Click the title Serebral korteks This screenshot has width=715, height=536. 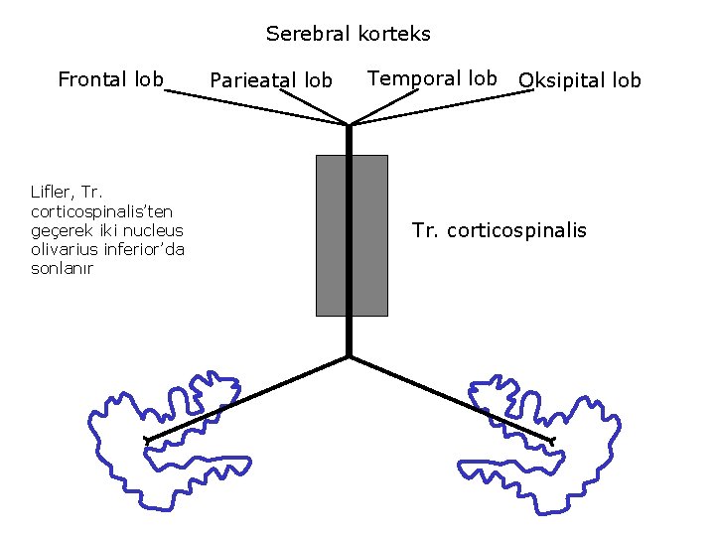(348, 34)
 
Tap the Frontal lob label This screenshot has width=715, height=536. (110, 79)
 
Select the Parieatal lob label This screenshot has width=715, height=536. (271, 80)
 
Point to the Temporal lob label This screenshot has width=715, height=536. (432, 78)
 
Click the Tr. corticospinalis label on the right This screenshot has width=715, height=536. (499, 231)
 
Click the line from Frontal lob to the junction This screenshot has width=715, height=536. (258, 107)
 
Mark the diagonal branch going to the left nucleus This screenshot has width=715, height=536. (248, 397)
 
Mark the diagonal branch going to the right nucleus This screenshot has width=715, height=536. (452, 397)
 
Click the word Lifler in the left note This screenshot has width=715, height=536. (51, 193)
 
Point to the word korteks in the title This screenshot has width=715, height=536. (396, 34)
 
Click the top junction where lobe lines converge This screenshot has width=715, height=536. (350, 125)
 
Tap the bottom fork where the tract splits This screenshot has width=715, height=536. (350, 355)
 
